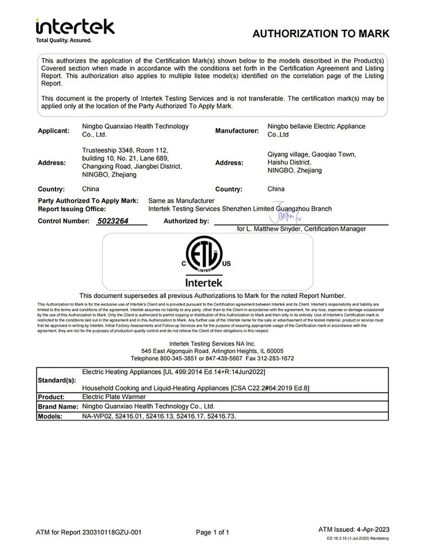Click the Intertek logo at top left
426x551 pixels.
[x=75, y=27]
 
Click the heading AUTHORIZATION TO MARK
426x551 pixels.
[x=321, y=34]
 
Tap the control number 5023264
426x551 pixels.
[x=113, y=221]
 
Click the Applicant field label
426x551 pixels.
[x=53, y=130]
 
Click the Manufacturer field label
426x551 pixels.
[x=236, y=130]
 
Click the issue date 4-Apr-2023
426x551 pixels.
[x=373, y=529]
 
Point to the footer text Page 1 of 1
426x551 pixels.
[x=212, y=532]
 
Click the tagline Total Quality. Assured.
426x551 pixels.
[x=63, y=40]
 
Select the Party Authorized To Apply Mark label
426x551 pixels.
[x=88, y=201]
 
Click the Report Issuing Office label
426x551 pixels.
[x=72, y=209]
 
